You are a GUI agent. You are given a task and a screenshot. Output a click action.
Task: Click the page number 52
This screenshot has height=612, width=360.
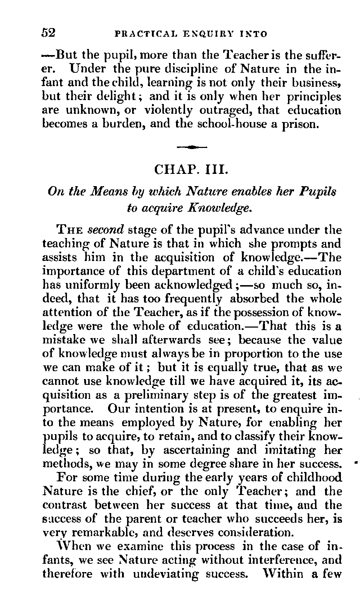[48, 33]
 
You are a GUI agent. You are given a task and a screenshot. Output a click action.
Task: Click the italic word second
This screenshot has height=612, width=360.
[107, 230]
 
